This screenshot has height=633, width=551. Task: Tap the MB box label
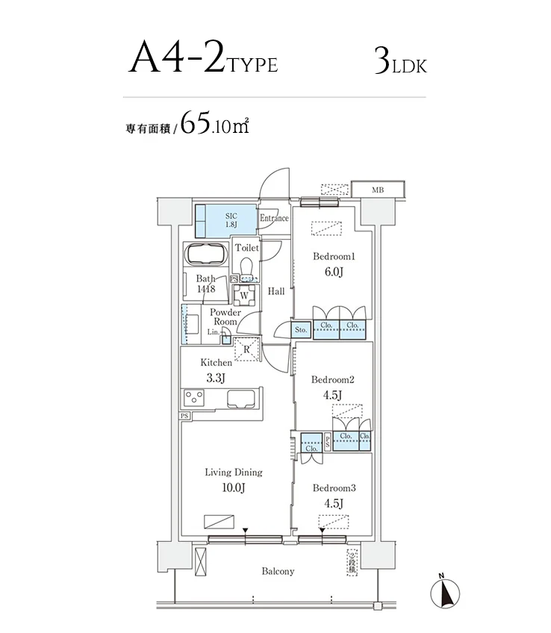(x=378, y=190)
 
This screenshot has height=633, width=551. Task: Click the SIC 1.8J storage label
(x=231, y=219)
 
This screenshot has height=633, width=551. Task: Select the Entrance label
(x=274, y=219)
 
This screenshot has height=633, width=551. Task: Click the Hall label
(x=276, y=292)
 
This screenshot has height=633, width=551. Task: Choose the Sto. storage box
(x=302, y=329)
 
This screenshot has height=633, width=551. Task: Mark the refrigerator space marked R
(x=246, y=346)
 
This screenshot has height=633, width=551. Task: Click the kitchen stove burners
(x=196, y=396)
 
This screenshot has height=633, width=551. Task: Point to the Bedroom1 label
(x=334, y=257)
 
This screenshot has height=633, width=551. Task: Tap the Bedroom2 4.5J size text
(x=332, y=395)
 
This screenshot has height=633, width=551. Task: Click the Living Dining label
(x=234, y=473)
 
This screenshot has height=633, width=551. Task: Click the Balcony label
(x=278, y=572)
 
